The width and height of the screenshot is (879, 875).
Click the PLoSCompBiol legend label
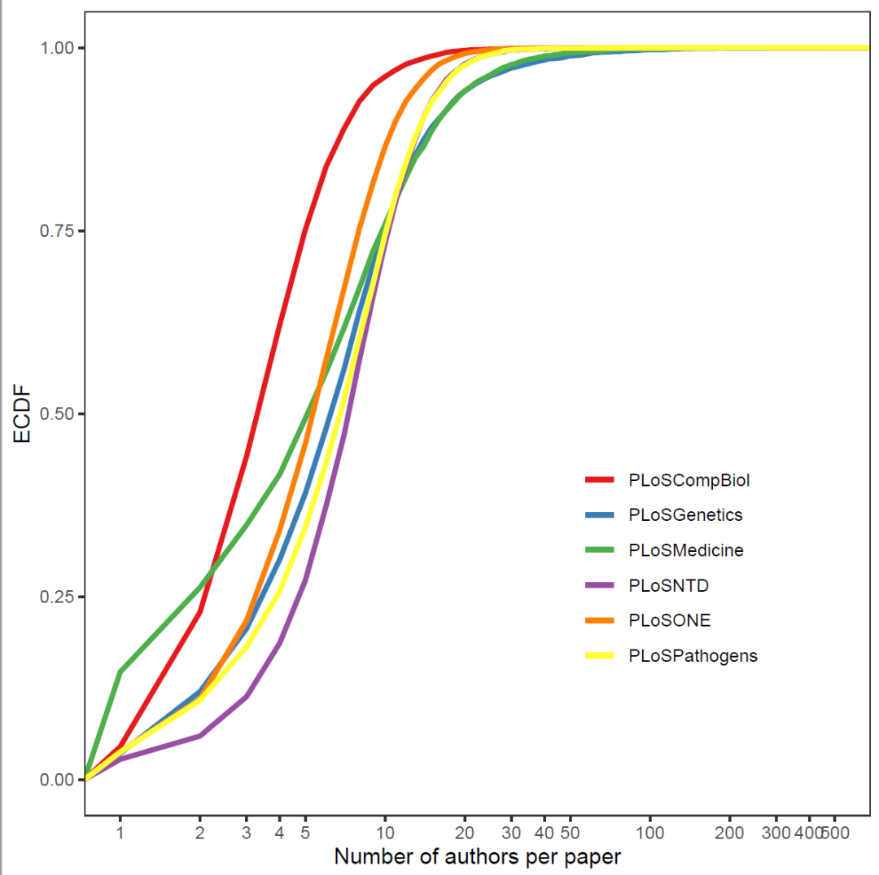[689, 481]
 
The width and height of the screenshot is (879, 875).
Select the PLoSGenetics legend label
[685, 515]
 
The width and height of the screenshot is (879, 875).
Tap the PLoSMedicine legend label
[686, 550]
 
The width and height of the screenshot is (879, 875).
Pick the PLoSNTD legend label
[669, 586]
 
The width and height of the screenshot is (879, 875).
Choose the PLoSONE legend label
[670, 620]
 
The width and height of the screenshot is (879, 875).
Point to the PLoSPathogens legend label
[693, 656]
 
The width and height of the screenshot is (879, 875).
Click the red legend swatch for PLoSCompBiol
[599, 479]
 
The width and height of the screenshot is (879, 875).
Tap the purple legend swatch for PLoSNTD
[599, 585]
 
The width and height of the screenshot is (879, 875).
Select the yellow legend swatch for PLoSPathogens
[599, 655]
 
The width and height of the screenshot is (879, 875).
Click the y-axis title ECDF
[22, 413]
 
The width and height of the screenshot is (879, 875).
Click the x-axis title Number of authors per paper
[478, 857]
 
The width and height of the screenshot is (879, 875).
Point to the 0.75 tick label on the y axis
[57, 231]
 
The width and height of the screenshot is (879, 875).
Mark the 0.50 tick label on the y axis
[57, 414]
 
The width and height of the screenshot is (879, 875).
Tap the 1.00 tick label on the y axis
[57, 48]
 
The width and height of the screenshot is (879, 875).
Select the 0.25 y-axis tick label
[57, 597]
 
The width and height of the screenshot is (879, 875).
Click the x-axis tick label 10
[385, 833]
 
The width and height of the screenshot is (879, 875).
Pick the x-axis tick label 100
[650, 833]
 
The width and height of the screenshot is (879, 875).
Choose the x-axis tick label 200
[730, 833]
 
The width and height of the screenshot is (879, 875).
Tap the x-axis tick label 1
[120, 833]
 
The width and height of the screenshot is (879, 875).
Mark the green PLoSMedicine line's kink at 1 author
[120, 672]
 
